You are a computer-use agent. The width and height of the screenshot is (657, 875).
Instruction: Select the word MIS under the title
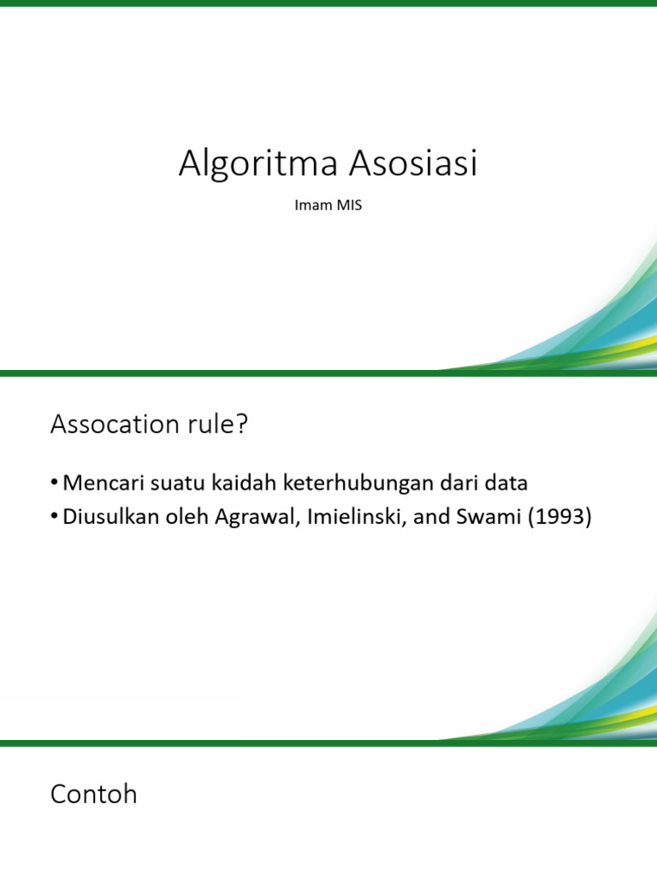pos(349,206)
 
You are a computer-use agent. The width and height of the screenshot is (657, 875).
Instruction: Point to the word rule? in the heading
pos(216,423)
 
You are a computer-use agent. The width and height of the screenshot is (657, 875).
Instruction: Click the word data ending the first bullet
pos(506,483)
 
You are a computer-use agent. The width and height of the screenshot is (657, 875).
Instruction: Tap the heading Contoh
pos(93,795)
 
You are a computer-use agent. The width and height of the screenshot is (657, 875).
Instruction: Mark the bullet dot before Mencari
pos(55,484)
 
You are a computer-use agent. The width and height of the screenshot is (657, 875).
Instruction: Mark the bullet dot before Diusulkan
pos(55,518)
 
